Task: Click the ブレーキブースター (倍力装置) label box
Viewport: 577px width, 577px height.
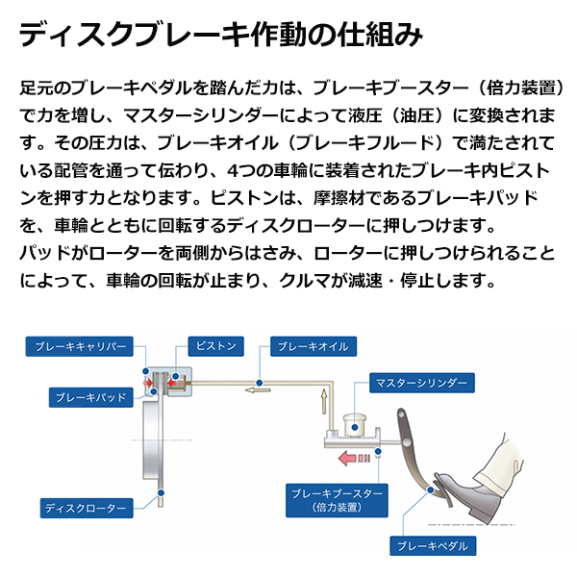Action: [336, 498]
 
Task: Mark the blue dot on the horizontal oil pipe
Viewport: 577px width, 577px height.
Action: [262, 381]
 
